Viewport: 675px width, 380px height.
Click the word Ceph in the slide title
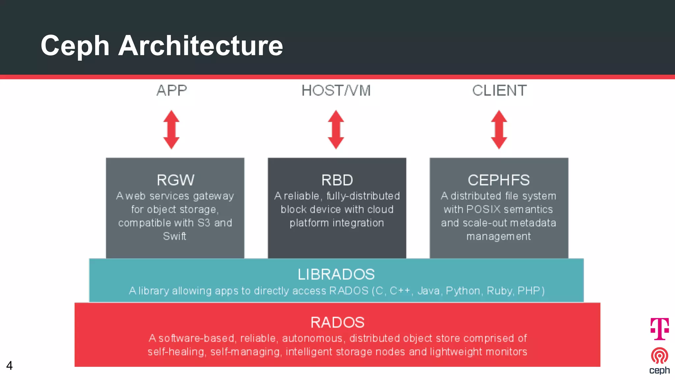(x=75, y=46)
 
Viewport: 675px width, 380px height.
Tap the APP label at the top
(x=172, y=91)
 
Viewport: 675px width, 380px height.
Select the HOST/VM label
(x=336, y=91)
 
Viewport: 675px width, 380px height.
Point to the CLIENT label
(x=499, y=91)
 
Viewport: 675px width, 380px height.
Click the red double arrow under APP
(x=171, y=130)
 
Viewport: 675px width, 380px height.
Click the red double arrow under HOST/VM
(x=336, y=130)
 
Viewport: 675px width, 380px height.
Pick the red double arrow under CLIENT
(x=499, y=130)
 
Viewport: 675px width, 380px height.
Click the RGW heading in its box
(x=175, y=180)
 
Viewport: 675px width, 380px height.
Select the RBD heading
(x=337, y=180)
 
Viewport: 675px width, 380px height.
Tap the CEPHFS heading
(x=499, y=180)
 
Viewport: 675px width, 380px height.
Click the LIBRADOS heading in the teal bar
(x=336, y=274)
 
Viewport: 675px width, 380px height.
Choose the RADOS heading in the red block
(x=337, y=322)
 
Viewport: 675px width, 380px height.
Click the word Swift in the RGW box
(x=175, y=236)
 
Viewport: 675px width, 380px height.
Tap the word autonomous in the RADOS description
(x=312, y=338)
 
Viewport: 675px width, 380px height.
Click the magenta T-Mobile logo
(x=660, y=329)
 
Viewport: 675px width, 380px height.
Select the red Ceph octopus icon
(x=660, y=356)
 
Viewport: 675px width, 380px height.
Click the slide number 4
(x=9, y=365)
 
